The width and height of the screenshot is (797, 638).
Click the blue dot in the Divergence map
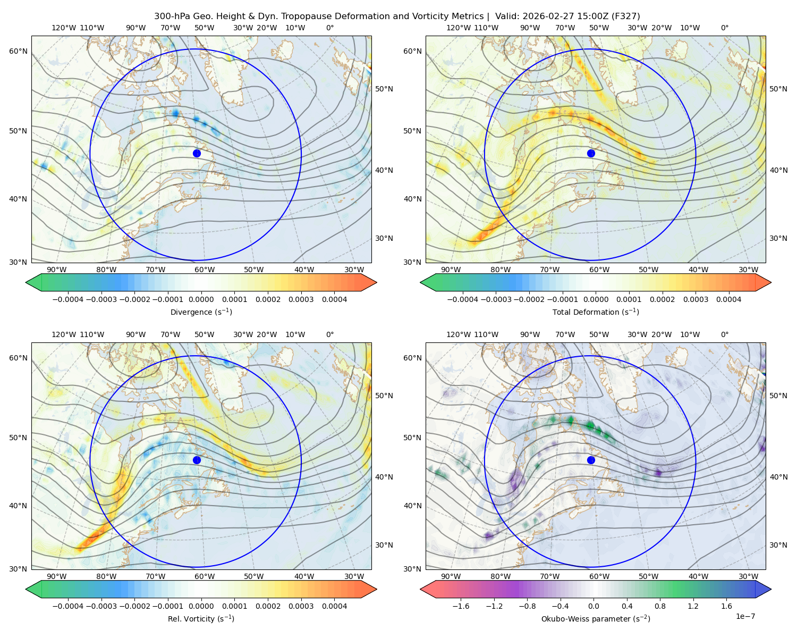click(x=197, y=154)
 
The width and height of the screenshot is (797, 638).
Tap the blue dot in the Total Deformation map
click(x=591, y=154)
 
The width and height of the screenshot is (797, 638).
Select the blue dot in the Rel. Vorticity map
click(x=197, y=460)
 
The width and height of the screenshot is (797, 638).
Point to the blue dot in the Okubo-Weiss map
click(x=591, y=460)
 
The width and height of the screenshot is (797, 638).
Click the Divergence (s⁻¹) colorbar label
click(x=201, y=312)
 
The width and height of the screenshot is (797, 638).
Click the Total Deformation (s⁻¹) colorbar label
click(x=596, y=312)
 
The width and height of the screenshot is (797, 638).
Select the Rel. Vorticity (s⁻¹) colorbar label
click(x=201, y=619)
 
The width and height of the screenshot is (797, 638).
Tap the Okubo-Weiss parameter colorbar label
click(x=596, y=619)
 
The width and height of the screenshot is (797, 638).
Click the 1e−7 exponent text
click(x=745, y=616)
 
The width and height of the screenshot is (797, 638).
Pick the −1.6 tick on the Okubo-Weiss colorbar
click(x=461, y=606)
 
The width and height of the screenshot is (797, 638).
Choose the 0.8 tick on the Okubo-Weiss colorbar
click(x=660, y=606)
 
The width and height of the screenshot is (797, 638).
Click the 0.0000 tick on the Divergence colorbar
click(x=201, y=299)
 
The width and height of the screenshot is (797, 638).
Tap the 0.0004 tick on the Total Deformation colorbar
click(x=728, y=299)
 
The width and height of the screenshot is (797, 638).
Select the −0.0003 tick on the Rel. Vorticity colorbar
click(x=101, y=606)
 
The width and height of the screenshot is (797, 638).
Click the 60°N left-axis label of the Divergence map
click(x=18, y=51)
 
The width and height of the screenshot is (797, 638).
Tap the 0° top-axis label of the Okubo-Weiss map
click(x=724, y=334)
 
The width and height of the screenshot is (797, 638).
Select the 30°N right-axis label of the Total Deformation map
click(x=778, y=238)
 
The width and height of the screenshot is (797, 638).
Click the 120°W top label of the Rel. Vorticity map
click(x=64, y=334)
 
